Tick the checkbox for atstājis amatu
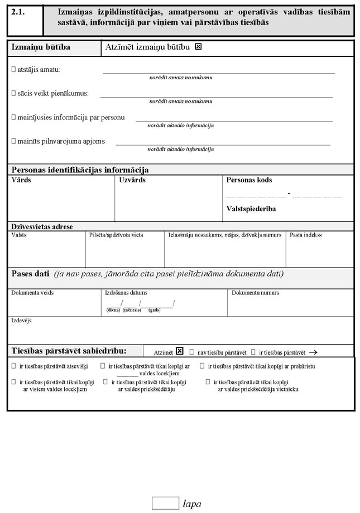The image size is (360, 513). point(14,70)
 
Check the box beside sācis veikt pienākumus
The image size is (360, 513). point(14,94)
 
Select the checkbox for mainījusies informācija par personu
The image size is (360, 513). point(14,118)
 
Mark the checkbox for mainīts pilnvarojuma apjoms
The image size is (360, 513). point(14,142)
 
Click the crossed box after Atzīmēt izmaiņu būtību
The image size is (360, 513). point(198,47)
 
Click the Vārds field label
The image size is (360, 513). point(21,181)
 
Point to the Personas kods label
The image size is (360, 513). point(249,181)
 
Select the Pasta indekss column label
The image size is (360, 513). point(306,235)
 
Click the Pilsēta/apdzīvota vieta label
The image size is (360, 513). point(116,235)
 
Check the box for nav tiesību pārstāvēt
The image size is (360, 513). point(191,352)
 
